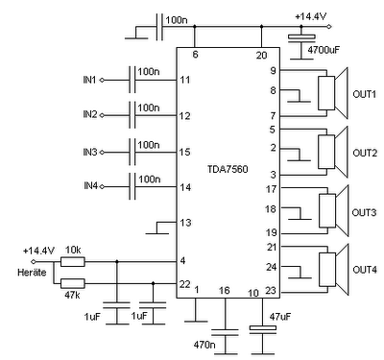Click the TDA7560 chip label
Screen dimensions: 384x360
tap(228, 169)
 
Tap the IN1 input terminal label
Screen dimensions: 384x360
tap(89, 80)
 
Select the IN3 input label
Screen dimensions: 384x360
tap(90, 152)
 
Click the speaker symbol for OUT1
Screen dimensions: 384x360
tap(333, 93)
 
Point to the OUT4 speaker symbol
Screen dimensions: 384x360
tap(333, 270)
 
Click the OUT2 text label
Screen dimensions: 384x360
tap(365, 153)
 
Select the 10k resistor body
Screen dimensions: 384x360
tap(73, 262)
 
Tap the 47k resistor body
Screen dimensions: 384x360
tap(73, 283)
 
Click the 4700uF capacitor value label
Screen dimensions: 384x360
tap(324, 50)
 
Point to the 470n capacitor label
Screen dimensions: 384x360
tap(204, 345)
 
